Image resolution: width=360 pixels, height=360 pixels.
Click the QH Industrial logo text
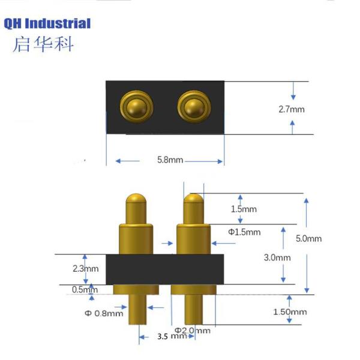pyautogui.click(x=47, y=23)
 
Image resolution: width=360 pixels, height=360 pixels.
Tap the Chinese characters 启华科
pyautogui.click(x=43, y=44)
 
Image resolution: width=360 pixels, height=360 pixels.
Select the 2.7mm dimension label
pyautogui.click(x=292, y=109)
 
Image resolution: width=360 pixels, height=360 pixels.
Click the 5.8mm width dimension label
pyautogui.click(x=170, y=160)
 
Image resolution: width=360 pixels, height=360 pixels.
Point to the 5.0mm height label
pyautogui.click(x=308, y=239)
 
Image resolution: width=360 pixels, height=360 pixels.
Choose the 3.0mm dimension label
pyautogui.click(x=277, y=257)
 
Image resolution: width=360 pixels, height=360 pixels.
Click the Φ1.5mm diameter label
pyautogui.click(x=244, y=232)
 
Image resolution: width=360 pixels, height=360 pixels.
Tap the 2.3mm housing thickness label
pyautogui.click(x=86, y=269)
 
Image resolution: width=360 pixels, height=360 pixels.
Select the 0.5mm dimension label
pyautogui.click(x=85, y=290)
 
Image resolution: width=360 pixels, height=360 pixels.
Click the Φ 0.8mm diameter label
pyautogui.click(x=104, y=313)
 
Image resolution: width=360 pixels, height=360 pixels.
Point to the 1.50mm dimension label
pyautogui.click(x=290, y=312)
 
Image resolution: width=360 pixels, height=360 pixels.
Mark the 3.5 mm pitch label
pyautogui.click(x=172, y=337)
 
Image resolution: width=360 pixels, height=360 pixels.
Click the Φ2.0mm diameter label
pyautogui.click(x=193, y=331)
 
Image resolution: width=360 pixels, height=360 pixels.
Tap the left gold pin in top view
pyautogui.click(x=137, y=107)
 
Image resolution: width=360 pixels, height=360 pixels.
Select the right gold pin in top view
pyautogui.click(x=194, y=107)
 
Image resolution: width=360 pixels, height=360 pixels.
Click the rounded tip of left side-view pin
pyautogui.click(x=136, y=198)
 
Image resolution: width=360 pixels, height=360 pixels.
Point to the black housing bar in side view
pyautogui.click(x=165, y=269)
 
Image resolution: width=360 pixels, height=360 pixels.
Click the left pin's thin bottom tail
pyautogui.click(x=137, y=309)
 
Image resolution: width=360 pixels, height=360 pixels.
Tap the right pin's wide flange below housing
pyautogui.click(x=194, y=290)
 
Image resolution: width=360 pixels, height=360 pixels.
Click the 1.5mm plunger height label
pyautogui.click(x=244, y=209)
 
